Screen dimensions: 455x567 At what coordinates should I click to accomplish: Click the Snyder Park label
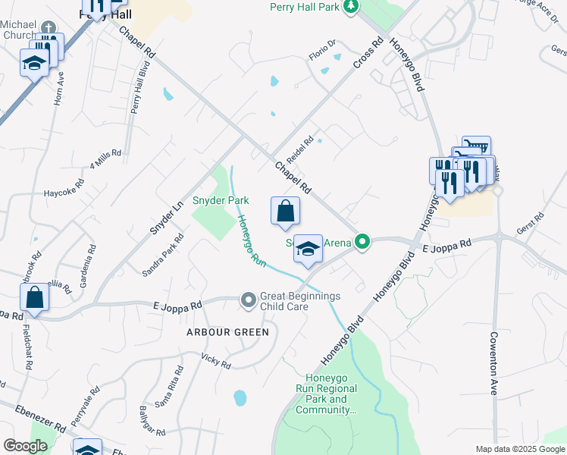[221, 200]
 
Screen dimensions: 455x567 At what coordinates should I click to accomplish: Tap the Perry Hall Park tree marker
[350, 7]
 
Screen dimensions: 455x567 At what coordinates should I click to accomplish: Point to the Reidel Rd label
[299, 146]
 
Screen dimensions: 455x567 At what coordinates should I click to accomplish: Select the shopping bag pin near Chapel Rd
[285, 212]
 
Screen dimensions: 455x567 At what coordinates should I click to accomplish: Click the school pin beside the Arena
[308, 249]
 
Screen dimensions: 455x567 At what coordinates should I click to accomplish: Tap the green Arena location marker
[363, 243]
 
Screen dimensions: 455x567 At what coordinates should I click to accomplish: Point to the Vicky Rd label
[215, 360]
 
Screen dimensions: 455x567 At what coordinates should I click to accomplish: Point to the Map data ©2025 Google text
[519, 449]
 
